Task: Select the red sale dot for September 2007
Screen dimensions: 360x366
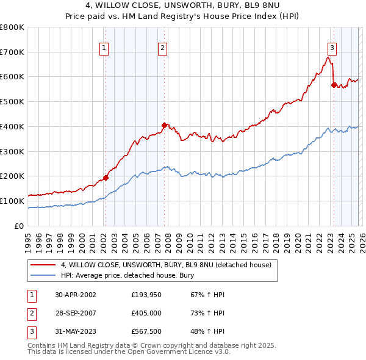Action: tap(164, 125)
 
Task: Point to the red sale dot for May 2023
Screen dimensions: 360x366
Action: tap(334, 85)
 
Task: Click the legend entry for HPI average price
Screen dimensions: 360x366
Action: tap(127, 276)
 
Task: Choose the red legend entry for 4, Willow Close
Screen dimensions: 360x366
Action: tap(170, 265)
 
